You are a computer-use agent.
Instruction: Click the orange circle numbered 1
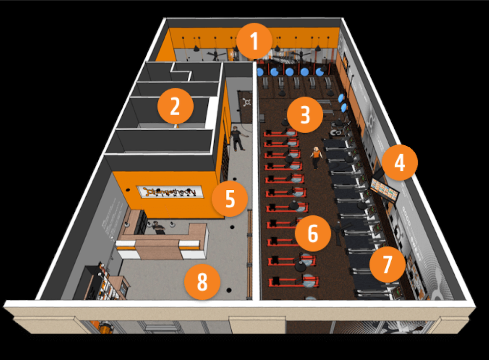tap(254, 42)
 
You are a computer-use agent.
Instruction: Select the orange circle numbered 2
tap(175, 106)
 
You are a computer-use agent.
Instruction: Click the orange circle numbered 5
tap(230, 199)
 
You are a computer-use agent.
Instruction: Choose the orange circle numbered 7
tap(387, 265)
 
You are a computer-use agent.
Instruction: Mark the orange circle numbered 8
tap(202, 282)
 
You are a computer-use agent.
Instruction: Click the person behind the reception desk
tap(156, 228)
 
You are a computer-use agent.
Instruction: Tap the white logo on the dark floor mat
tap(247, 103)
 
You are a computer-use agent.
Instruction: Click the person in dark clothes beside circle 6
tap(338, 233)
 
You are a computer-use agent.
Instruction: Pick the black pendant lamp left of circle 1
tap(196, 48)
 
